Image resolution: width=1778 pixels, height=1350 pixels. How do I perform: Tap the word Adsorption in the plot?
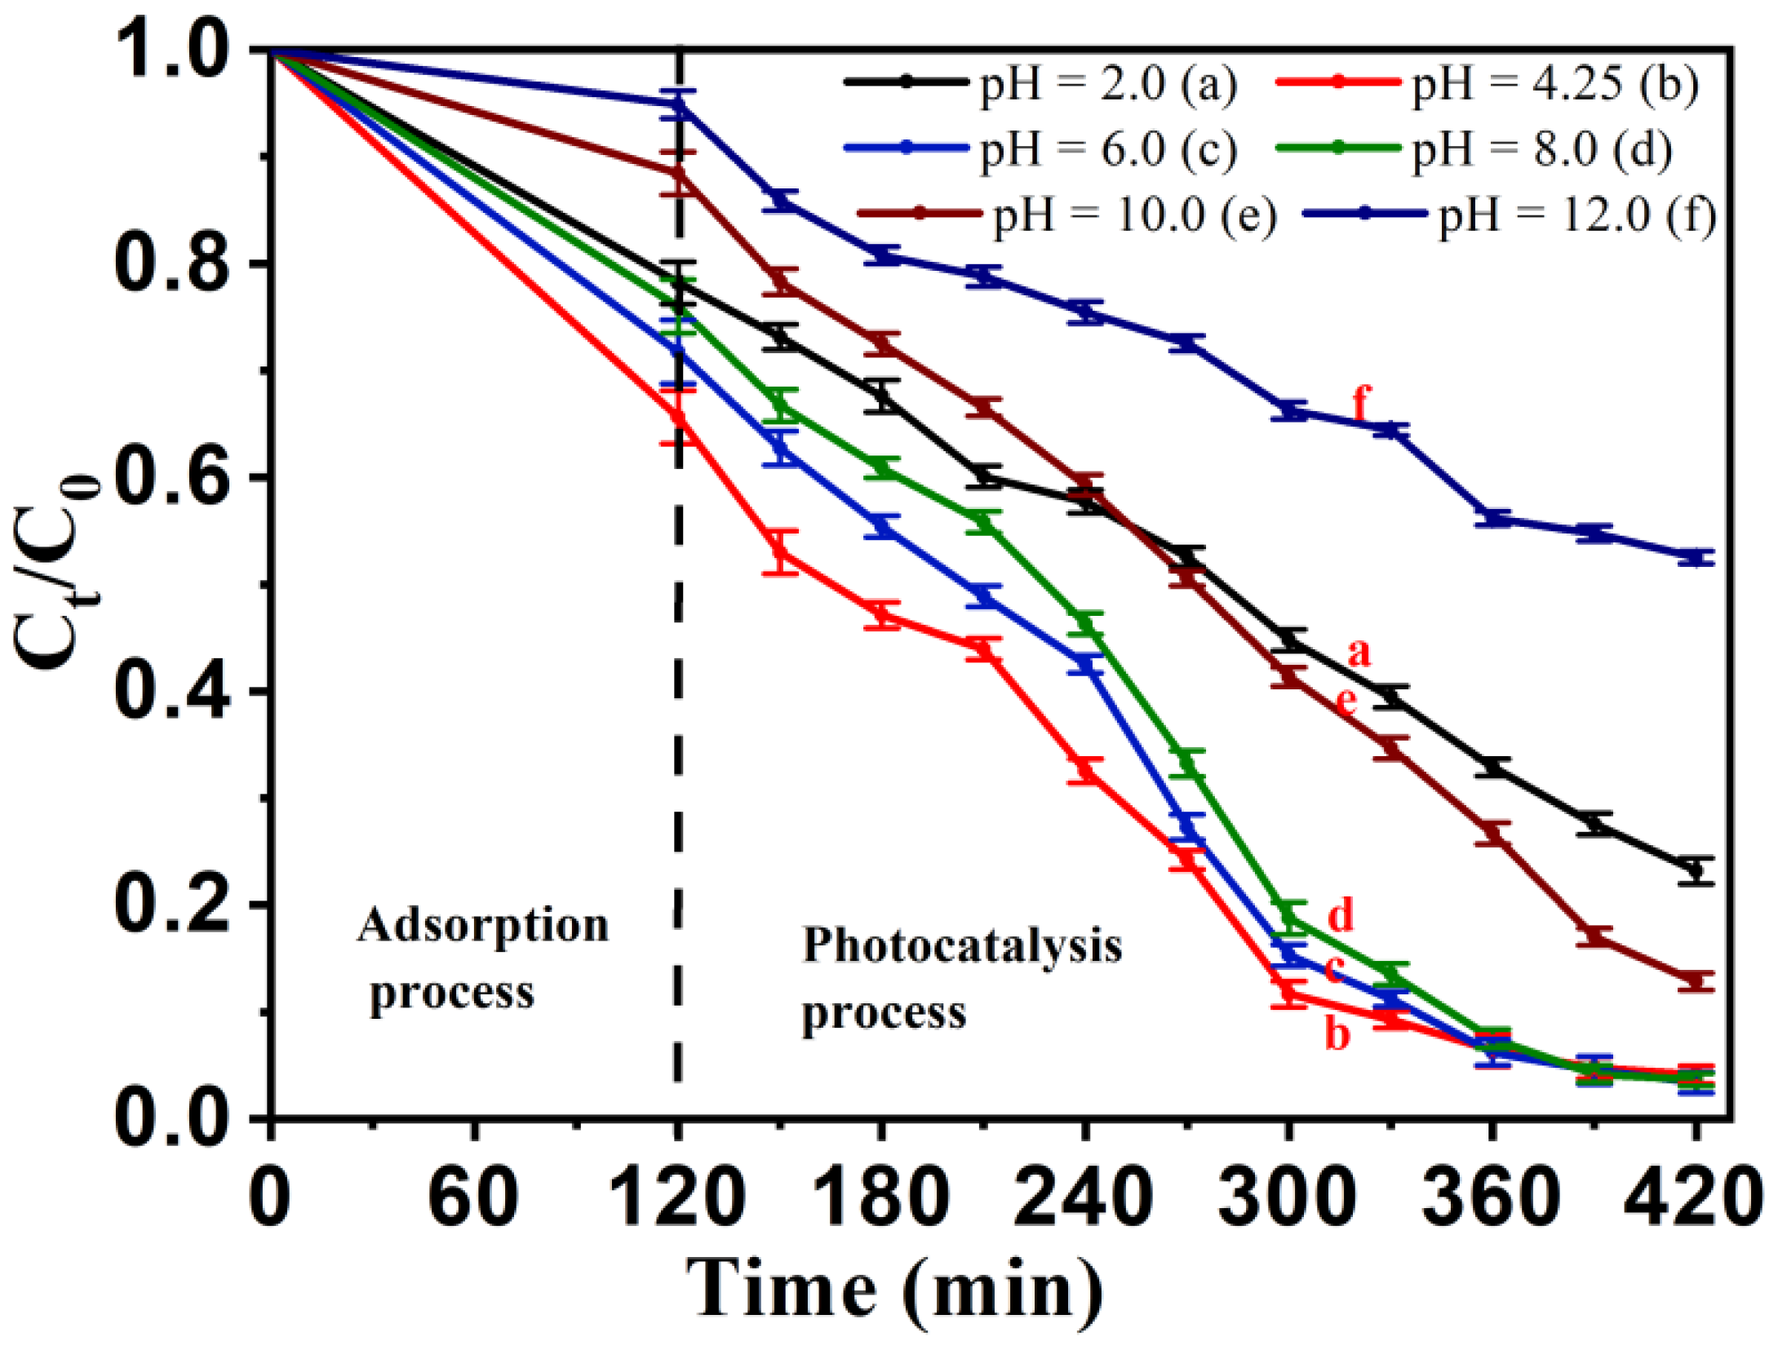[483, 926]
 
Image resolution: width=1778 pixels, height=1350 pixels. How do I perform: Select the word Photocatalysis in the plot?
[963, 946]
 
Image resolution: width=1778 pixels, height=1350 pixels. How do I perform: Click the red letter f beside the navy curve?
[1360, 402]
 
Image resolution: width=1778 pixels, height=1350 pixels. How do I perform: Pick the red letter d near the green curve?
[1341, 914]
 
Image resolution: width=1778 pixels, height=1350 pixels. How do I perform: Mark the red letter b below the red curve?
[1337, 1034]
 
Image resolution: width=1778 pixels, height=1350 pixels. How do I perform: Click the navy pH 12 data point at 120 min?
[677, 104]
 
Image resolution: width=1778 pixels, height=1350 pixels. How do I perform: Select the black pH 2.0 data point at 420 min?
[1696, 870]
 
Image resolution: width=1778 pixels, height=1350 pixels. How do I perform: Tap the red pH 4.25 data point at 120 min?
[677, 416]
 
